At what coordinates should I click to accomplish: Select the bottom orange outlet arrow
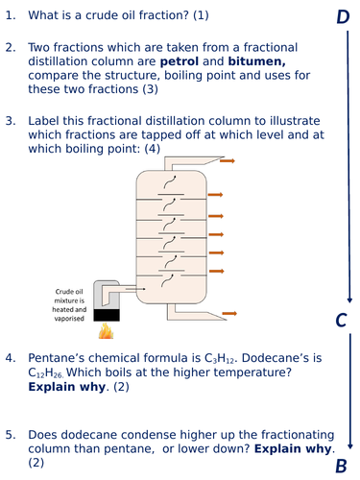pyautogui.click(x=229, y=312)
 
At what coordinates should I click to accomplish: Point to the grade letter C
pyautogui.click(x=341, y=321)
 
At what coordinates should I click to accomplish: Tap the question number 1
pyautogui.click(x=11, y=16)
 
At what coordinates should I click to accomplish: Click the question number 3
pyautogui.click(x=11, y=122)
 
